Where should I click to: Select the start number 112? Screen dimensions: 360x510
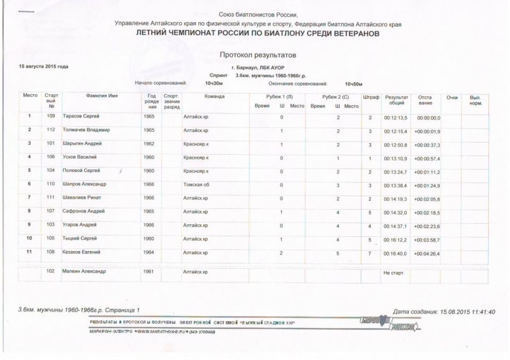point(51,130)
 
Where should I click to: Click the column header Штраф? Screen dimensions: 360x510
point(370,96)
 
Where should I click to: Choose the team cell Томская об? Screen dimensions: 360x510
point(196,184)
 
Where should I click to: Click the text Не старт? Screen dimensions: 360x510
point(393,272)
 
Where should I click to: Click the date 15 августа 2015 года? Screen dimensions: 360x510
point(44,67)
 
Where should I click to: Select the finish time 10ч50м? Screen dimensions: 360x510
point(353,83)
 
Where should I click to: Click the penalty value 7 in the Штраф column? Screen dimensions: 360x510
point(370,254)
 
